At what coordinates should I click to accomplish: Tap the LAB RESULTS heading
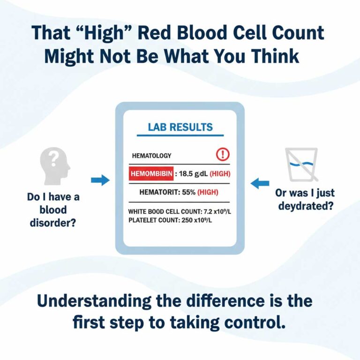pyautogui.click(x=180, y=127)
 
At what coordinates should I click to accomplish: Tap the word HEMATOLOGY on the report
pyautogui.click(x=151, y=156)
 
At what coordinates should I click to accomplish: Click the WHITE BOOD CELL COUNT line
pyautogui.click(x=180, y=211)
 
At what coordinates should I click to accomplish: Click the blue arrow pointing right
pyautogui.click(x=100, y=180)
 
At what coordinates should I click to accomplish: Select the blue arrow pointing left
pyautogui.click(x=260, y=184)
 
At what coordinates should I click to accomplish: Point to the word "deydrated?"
pyautogui.click(x=305, y=206)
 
